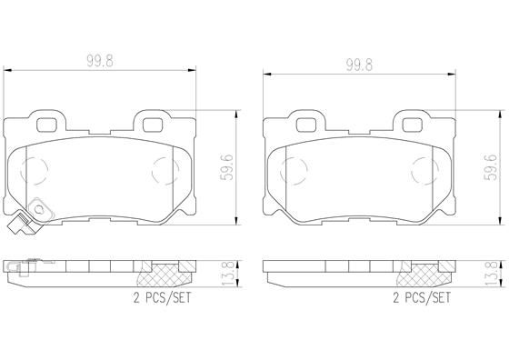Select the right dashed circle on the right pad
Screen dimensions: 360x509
424,169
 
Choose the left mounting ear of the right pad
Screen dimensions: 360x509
306,121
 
